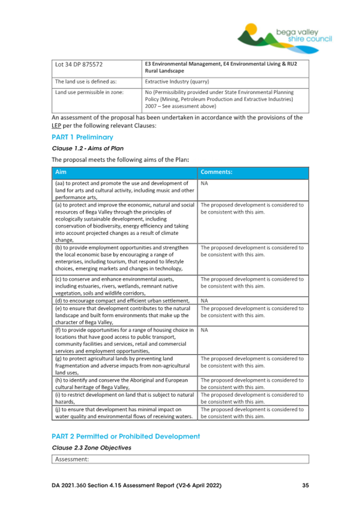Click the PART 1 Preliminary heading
[x=82, y=138]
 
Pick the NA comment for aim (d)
[x=205, y=301]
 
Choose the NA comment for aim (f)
[x=205, y=330]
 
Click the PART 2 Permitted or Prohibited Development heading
[x=126, y=437]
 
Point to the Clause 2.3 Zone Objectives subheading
[x=91, y=448]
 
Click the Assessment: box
[x=180, y=458]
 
